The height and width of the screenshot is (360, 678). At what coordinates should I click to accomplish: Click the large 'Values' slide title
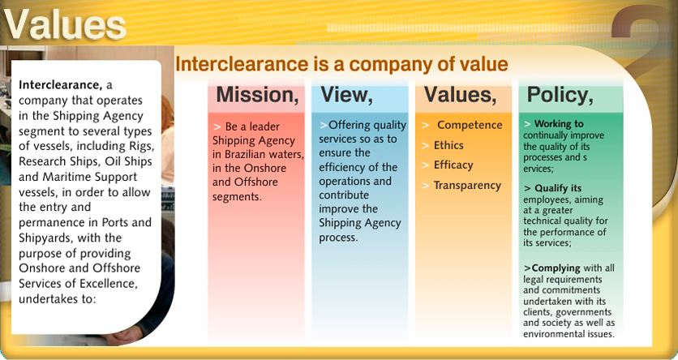coord(66,24)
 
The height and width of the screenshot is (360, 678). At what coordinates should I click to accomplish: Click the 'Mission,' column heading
coord(257,95)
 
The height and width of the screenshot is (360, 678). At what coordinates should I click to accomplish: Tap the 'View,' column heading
coord(346,95)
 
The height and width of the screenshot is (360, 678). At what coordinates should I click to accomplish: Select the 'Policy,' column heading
coord(560,95)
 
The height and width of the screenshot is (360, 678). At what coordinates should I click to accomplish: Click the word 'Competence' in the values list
coord(470,125)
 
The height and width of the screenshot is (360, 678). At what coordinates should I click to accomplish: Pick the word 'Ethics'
coord(448,145)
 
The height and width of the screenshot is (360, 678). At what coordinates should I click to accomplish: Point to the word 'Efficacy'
coord(453,165)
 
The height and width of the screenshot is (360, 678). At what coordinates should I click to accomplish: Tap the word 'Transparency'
coord(467,186)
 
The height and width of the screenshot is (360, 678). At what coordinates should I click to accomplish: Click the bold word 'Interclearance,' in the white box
coord(61,84)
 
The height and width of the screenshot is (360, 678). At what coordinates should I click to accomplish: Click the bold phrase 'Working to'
coord(559,123)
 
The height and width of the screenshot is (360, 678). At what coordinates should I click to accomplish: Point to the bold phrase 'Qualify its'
coord(558,188)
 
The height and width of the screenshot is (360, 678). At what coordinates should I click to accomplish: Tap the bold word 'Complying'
coord(556,268)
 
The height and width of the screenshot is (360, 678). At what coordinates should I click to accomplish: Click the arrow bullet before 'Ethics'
coord(426,146)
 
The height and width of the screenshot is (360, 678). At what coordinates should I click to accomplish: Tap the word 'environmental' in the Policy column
coord(551,333)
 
